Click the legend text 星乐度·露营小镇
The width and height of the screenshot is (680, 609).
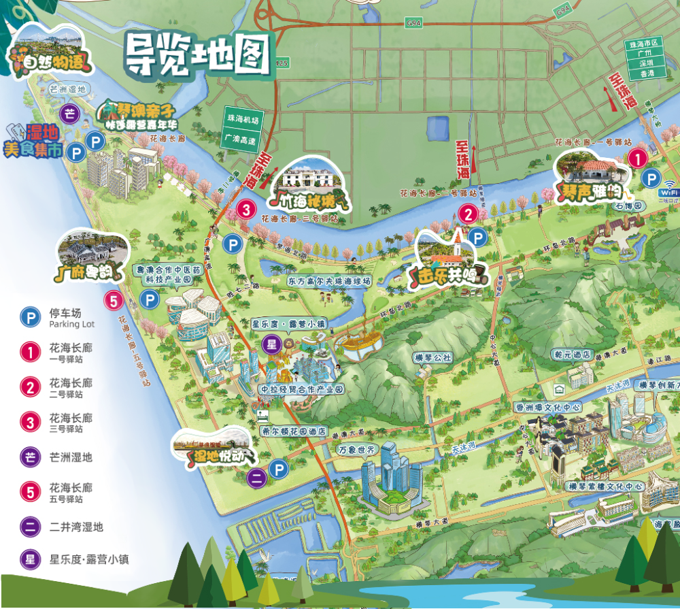coord(88,560)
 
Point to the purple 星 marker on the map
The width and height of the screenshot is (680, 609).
coord(271,344)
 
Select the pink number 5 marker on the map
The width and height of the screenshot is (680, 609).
coord(113,300)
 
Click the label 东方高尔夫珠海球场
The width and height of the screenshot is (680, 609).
coord(328,280)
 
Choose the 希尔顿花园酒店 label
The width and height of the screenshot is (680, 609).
coord(294,431)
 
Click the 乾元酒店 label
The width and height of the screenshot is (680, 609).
coord(571,355)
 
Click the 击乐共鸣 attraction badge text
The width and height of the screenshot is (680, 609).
coord(447,275)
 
